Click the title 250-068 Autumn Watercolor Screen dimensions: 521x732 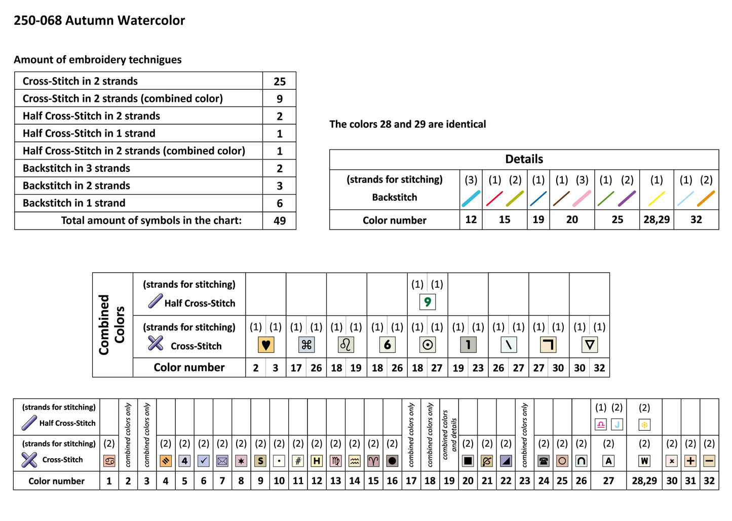pyautogui.click(x=99, y=21)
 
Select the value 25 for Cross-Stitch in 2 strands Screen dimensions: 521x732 pyautogui.click(x=279, y=82)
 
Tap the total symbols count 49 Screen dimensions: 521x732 pyautogui.click(x=279, y=221)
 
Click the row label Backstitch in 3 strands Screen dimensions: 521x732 pyautogui.click(x=76, y=168)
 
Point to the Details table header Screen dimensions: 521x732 pyautogui.click(x=524, y=159)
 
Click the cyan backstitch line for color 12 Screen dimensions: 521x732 pyautogui.click(x=471, y=199)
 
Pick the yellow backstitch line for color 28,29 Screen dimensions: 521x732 pyautogui.click(x=657, y=199)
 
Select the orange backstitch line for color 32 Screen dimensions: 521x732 pyautogui.click(x=706, y=199)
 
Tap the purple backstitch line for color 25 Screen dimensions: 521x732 pyautogui.click(x=627, y=199)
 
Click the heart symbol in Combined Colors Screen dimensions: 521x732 pyautogui.click(x=265, y=345)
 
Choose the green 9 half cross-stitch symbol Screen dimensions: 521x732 pyautogui.click(x=427, y=302)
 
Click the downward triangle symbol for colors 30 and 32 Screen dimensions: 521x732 pyautogui.click(x=589, y=345)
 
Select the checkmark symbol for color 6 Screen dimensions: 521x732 pyautogui.click(x=204, y=461)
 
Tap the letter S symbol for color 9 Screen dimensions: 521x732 pyautogui.click(x=260, y=461)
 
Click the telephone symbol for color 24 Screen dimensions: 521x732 pyautogui.click(x=544, y=461)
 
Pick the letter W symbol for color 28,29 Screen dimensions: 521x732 pyautogui.click(x=644, y=461)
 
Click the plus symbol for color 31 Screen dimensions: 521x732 pyautogui.click(x=690, y=461)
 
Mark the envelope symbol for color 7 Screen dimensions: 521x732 pyautogui.click(x=222, y=461)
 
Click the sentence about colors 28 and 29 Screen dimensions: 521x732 pyautogui.click(x=407, y=124)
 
